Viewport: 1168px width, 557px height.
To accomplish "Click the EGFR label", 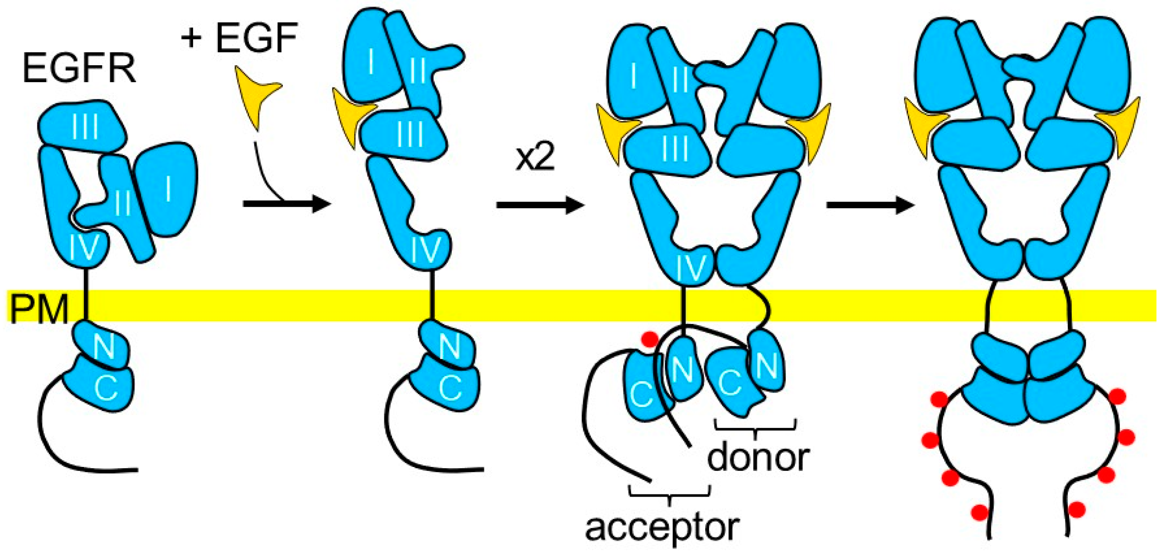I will [x=79, y=69].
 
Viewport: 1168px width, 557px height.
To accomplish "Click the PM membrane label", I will [x=39, y=309].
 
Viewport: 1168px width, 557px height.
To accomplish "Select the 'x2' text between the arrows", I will [x=535, y=159].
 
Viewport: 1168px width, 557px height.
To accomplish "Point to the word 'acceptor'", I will [x=662, y=529].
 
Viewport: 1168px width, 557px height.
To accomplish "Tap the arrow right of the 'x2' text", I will [x=540, y=205].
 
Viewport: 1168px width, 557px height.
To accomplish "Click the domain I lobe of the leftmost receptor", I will [x=168, y=188].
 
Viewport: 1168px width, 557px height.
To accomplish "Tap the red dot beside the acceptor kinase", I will [x=650, y=338].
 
